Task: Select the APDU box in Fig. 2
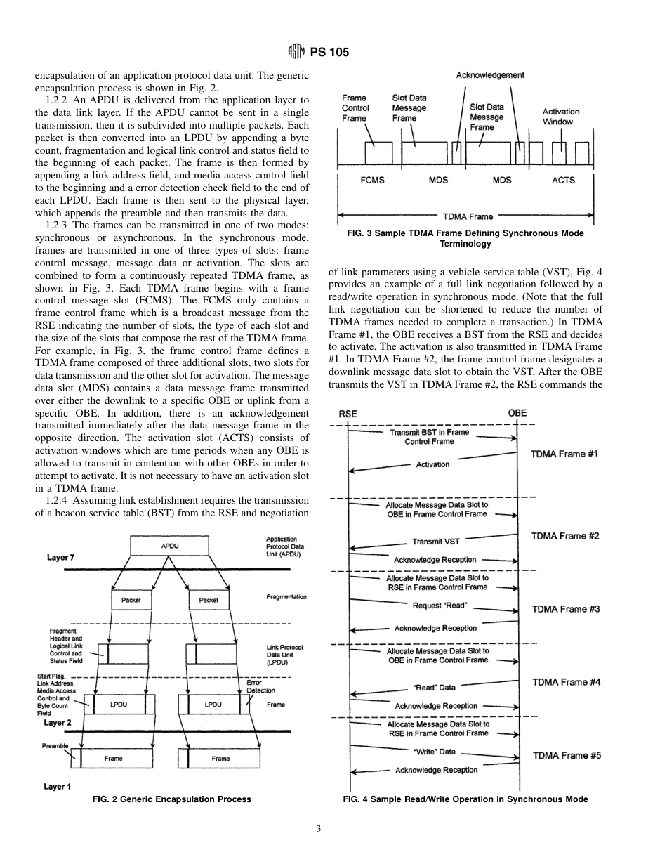coord(169,544)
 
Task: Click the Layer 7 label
coord(61,558)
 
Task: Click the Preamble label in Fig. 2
coord(55,746)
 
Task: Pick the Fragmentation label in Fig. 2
coord(286,597)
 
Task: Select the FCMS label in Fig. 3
coord(372,180)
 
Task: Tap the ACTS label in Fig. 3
coord(563,180)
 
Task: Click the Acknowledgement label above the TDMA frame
coord(490,74)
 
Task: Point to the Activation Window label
coord(561,117)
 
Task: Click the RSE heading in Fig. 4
coord(348,414)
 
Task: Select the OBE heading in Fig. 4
coord(517,413)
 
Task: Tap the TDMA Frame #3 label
coord(566,609)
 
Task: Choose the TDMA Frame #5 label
coord(567,756)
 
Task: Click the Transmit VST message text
coord(436,542)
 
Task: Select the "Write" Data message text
coord(435,752)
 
